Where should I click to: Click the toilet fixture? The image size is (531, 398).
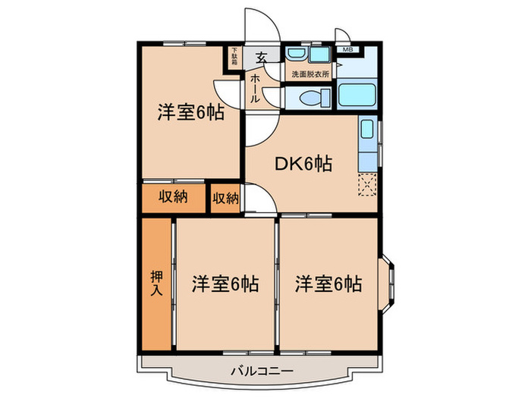pyautogui.click(x=311, y=98)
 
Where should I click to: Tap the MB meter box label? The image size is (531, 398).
pyautogui.click(x=348, y=50)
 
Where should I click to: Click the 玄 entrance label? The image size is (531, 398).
pyautogui.click(x=260, y=57)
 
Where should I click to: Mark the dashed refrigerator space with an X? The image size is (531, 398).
pyautogui.click(x=367, y=184)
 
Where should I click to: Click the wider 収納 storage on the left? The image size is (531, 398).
pyautogui.click(x=173, y=198)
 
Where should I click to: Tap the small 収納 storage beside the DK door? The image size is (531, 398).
pyautogui.click(x=225, y=198)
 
